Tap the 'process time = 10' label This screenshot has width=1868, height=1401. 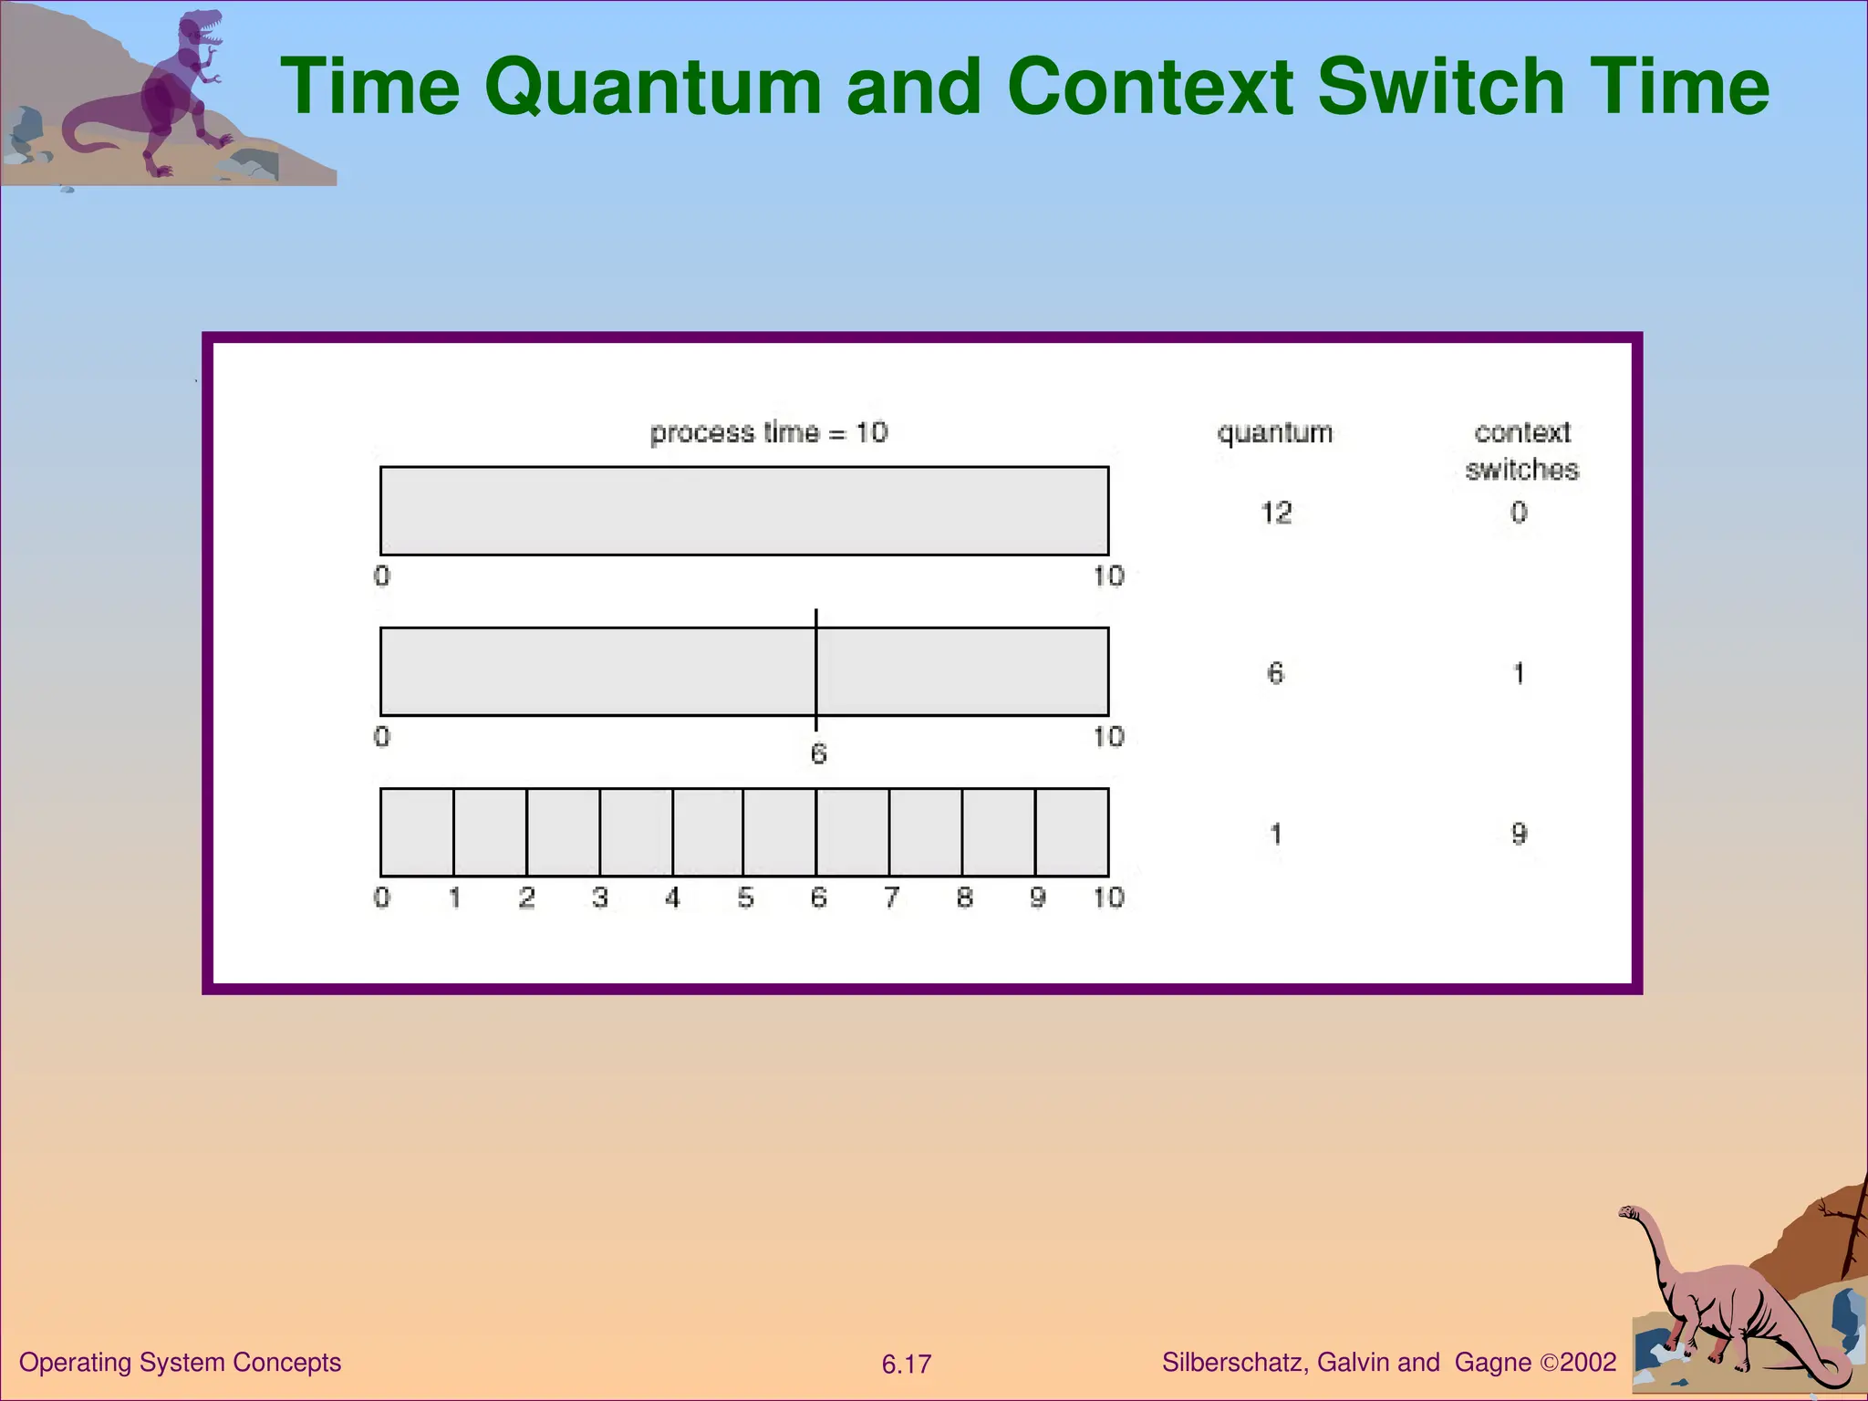pyautogui.click(x=769, y=432)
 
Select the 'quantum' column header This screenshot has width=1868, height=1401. pyautogui.click(x=1274, y=432)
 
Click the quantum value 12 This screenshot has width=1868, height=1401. pyautogui.click(x=1276, y=513)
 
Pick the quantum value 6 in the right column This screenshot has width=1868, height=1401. pyautogui.click(x=1275, y=673)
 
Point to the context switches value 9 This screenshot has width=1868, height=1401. pyautogui.click(x=1519, y=834)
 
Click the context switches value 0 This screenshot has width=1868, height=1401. pyautogui.click(x=1519, y=513)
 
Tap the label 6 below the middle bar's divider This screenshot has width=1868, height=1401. pyautogui.click(x=818, y=754)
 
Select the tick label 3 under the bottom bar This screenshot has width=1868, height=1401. pyautogui.click(x=599, y=898)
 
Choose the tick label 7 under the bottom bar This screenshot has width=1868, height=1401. pyautogui.click(x=891, y=898)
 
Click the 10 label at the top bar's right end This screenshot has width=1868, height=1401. pyautogui.click(x=1109, y=576)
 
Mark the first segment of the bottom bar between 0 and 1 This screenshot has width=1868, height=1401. pyautogui.click(x=417, y=832)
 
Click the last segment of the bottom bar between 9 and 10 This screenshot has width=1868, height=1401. pyautogui.click(x=1072, y=832)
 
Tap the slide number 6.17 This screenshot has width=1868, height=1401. pyautogui.click(x=906, y=1365)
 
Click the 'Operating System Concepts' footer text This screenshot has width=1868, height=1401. pyautogui.click(x=180, y=1363)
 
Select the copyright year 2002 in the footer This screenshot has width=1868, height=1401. pyautogui.click(x=1588, y=1363)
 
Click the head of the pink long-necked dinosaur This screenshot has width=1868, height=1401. pyautogui.click(x=1629, y=1212)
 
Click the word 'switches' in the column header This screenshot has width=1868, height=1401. pyautogui.click(x=1521, y=470)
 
